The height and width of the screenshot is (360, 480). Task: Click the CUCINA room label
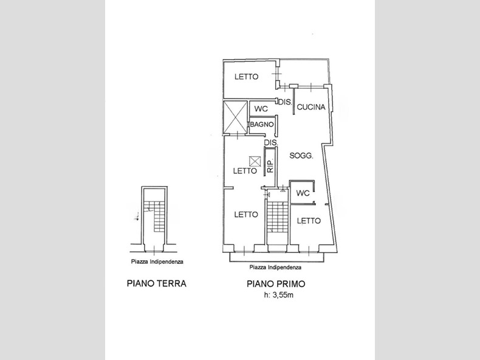(310, 107)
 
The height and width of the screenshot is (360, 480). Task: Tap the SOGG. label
(301, 156)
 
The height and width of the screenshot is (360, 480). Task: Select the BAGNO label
(262, 125)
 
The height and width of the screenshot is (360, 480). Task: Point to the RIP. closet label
(270, 166)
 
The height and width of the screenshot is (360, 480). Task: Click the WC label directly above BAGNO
(261, 109)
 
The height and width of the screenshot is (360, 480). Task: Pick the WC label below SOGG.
(303, 193)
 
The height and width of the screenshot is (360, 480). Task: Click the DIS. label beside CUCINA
(285, 102)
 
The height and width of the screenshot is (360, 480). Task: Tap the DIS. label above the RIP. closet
(271, 142)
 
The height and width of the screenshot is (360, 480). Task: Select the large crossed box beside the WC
(235, 117)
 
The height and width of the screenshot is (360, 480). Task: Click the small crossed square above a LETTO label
(255, 161)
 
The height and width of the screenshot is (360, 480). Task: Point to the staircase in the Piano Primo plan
(278, 216)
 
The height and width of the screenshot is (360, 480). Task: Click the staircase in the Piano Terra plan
(159, 216)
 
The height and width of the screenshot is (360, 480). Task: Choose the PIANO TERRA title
(156, 283)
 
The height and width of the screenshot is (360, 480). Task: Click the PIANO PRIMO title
(276, 284)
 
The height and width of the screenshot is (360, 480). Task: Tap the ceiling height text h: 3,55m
(278, 295)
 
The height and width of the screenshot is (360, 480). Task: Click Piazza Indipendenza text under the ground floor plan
(157, 261)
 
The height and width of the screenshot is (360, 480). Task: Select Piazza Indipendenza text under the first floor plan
(275, 267)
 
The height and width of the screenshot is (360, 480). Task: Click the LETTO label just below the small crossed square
(245, 171)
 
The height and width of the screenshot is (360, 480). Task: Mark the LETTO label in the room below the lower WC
(309, 221)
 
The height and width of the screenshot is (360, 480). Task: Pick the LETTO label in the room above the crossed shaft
(247, 77)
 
